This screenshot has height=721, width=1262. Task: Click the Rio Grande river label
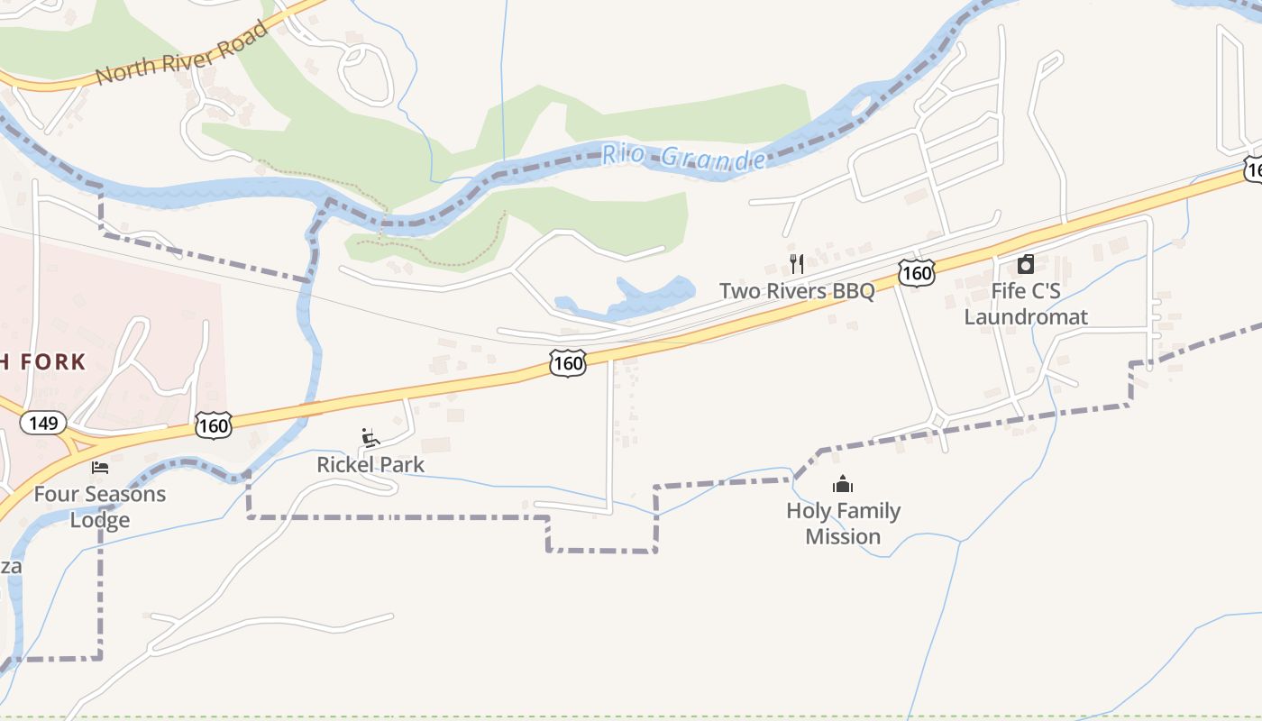pyautogui.click(x=683, y=157)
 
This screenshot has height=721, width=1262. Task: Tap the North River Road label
pyautogui.click(x=182, y=54)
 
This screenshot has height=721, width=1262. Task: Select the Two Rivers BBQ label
pyautogui.click(x=796, y=291)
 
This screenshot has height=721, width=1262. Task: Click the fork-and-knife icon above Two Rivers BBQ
pyautogui.click(x=796, y=263)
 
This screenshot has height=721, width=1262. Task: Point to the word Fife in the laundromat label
pyautogui.click(x=1009, y=291)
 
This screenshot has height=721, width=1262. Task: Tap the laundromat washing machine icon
pyautogui.click(x=1026, y=264)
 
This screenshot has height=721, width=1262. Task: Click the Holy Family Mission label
pyautogui.click(x=843, y=524)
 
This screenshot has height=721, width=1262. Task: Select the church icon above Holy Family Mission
pyautogui.click(x=843, y=485)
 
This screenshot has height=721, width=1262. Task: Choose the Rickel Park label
pyautogui.click(x=370, y=465)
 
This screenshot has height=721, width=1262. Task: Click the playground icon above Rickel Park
pyautogui.click(x=370, y=438)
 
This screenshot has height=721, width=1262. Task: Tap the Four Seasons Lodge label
pyautogui.click(x=100, y=507)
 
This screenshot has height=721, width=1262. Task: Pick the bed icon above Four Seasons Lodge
pyautogui.click(x=100, y=468)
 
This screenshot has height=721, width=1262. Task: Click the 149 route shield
pyautogui.click(x=43, y=422)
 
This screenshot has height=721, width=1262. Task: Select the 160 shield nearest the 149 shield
pyautogui.click(x=213, y=424)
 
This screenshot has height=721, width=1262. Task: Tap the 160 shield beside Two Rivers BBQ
pyautogui.click(x=915, y=272)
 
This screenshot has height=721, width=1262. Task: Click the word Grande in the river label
pyautogui.click(x=713, y=160)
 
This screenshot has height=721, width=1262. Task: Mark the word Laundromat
pyautogui.click(x=1026, y=317)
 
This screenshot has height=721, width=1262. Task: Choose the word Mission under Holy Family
pyautogui.click(x=843, y=536)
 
